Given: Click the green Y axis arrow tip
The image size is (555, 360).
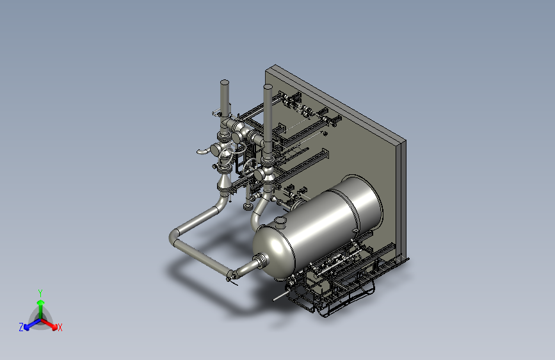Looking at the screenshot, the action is (40, 302).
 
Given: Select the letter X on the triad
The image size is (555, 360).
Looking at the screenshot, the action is (60, 327).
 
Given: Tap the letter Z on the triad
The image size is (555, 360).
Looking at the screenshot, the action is (21, 327).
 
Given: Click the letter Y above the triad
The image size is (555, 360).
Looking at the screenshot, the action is (40, 293).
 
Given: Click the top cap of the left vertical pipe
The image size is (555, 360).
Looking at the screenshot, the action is (225, 83).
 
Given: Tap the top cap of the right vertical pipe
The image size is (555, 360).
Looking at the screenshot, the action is (268, 86).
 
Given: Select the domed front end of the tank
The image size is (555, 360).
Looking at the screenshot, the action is (273, 251).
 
